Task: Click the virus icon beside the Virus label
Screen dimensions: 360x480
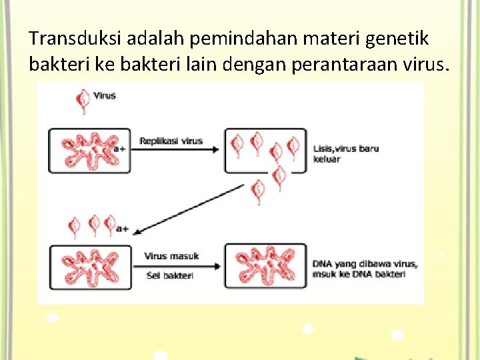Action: click(83, 99)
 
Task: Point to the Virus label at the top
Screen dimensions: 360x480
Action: click(105, 95)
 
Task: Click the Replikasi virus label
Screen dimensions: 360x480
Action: click(171, 141)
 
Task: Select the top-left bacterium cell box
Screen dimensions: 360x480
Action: click(89, 151)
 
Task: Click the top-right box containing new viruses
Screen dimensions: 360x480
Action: click(265, 151)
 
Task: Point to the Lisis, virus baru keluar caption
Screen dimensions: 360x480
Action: click(345, 153)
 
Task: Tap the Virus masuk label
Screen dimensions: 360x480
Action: click(171, 256)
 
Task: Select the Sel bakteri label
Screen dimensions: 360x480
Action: click(169, 275)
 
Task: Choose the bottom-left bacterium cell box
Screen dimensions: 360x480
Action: click(89, 266)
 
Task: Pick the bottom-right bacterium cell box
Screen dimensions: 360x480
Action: click(265, 266)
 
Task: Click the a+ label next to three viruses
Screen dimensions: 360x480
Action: click(123, 229)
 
